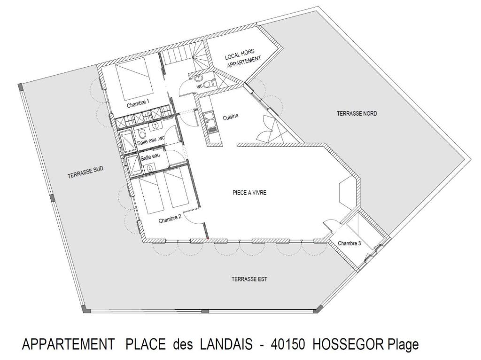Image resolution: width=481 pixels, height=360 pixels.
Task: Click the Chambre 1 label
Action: (x=138, y=104)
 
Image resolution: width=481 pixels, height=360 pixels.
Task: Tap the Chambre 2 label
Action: (x=170, y=219)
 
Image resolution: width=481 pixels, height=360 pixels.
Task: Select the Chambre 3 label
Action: (x=349, y=243)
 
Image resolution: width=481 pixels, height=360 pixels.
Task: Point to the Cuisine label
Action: (x=230, y=117)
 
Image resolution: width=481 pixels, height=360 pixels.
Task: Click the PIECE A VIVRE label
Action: (x=249, y=193)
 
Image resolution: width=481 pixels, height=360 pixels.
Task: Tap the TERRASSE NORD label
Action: (x=357, y=114)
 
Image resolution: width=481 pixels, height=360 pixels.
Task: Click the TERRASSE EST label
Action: (x=249, y=279)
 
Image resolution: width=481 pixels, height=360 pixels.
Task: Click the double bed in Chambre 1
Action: (x=134, y=82)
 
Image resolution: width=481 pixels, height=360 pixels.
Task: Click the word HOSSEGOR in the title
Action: (x=348, y=344)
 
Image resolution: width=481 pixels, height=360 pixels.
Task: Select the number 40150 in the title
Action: (x=288, y=344)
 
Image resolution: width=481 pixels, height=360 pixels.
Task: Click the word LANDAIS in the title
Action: (x=226, y=344)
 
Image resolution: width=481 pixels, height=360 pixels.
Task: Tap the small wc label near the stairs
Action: (x=200, y=86)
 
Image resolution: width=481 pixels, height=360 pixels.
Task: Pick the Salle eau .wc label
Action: (x=151, y=140)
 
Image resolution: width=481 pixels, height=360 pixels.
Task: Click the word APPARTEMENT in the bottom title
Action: (x=69, y=344)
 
